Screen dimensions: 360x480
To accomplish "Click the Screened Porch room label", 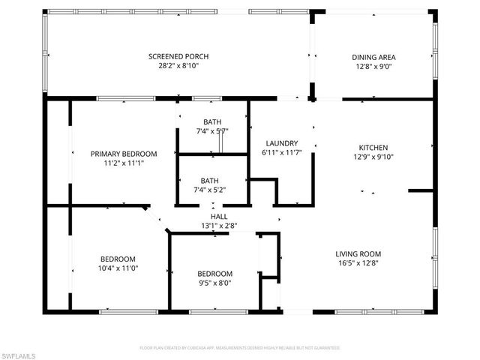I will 178,57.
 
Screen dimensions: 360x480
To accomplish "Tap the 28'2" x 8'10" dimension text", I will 178,66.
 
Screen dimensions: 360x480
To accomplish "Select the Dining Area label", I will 373,57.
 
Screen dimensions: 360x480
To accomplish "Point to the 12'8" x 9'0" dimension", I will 373,66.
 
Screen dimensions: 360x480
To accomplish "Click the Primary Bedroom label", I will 124,154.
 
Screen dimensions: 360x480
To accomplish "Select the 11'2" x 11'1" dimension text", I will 124,163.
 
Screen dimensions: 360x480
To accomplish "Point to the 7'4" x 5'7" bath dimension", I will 212,131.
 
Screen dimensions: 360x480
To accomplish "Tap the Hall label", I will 219,216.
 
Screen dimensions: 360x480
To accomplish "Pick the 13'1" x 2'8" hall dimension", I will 219,225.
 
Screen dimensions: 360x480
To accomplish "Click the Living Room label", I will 358,253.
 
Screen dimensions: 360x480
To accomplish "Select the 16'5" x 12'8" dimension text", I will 358,262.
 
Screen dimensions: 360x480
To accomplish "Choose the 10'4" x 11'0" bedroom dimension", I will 118,268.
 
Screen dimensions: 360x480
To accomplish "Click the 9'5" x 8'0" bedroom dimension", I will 214,283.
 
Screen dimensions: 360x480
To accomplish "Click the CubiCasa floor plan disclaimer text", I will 240,348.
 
